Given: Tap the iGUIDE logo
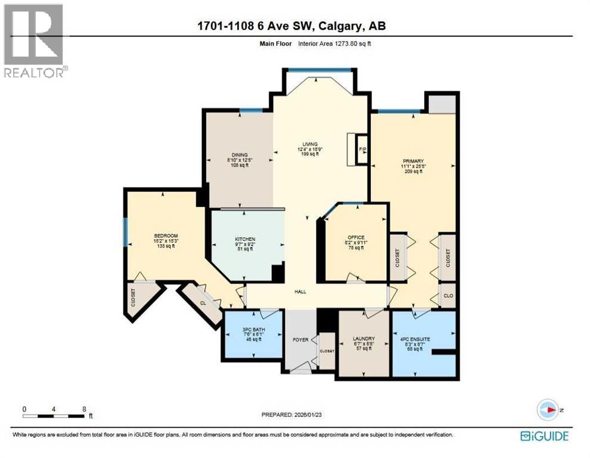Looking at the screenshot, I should click(544, 436).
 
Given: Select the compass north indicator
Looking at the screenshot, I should click(548, 410).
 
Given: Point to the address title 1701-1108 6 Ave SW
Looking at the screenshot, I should click(294, 26).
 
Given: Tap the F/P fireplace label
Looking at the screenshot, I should click(362, 149).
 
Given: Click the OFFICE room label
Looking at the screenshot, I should click(356, 237).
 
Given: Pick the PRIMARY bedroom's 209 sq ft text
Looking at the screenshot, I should click(413, 171).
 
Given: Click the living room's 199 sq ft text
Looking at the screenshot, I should click(310, 154).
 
